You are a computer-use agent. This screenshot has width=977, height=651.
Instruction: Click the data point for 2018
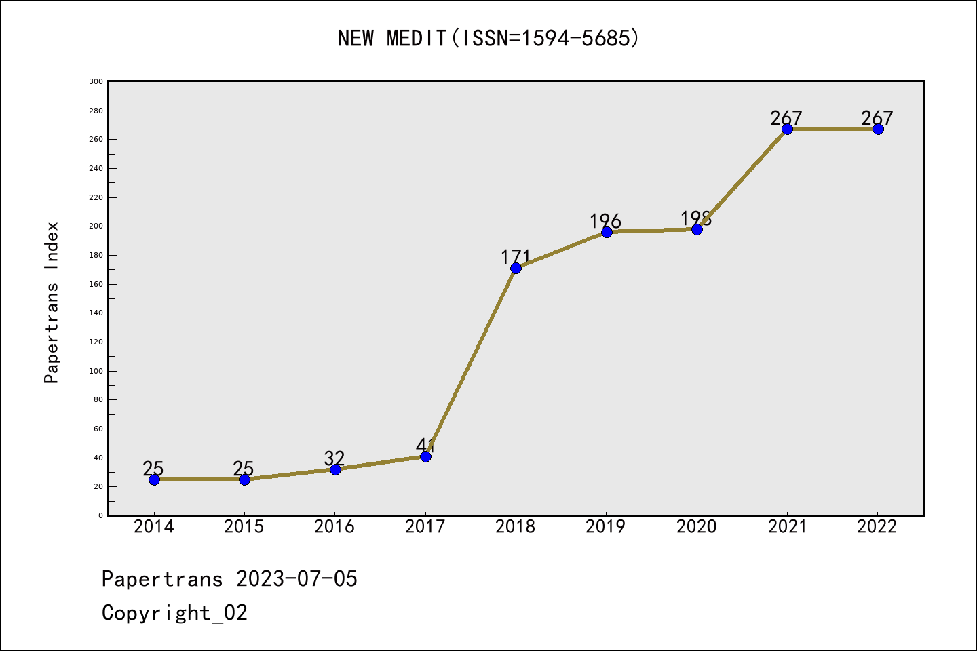[x=516, y=268]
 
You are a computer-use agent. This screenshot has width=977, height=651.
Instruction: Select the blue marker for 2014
[x=154, y=479]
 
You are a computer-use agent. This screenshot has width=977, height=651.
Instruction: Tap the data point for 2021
[x=787, y=129]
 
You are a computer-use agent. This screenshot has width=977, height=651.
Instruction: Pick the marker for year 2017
[x=425, y=456]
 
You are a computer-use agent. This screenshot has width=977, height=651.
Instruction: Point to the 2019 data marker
[x=607, y=232]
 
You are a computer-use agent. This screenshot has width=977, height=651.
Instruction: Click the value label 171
[x=516, y=257]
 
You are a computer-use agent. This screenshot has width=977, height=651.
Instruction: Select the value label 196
[x=605, y=221]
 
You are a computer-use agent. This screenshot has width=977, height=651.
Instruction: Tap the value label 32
[x=334, y=458]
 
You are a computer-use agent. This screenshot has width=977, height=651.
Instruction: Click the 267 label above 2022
[x=877, y=118]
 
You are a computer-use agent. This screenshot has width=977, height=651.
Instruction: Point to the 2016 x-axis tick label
[x=334, y=527]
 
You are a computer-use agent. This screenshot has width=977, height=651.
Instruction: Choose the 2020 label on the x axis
[x=697, y=527]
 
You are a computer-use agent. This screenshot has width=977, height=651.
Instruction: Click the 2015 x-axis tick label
[x=244, y=527]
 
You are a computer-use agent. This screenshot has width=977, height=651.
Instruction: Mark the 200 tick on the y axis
[x=96, y=226]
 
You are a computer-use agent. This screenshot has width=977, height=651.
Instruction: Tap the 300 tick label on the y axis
[x=96, y=82]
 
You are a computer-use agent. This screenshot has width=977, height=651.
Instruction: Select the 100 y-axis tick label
[x=96, y=372]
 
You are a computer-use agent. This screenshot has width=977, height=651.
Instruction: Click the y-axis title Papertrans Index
[x=52, y=302]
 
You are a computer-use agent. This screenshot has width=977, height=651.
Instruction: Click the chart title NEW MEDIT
[x=488, y=38]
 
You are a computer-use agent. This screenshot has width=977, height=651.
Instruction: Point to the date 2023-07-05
[x=296, y=579]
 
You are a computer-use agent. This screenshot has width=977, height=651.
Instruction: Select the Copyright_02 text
[x=175, y=613]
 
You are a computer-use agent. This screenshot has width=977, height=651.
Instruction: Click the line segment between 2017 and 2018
[x=471, y=362]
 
